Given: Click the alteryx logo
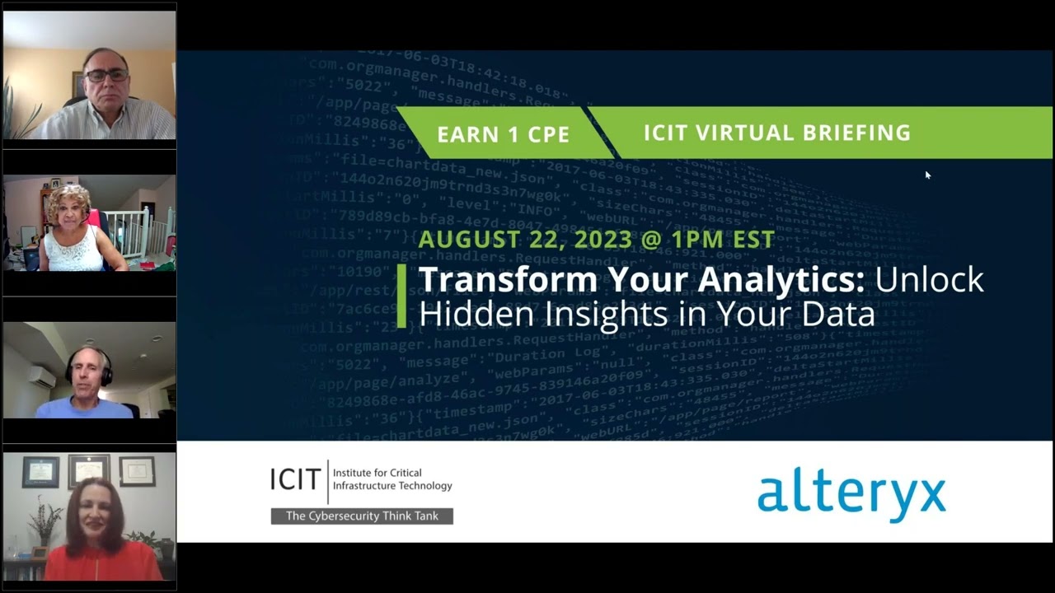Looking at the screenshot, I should click(x=851, y=494).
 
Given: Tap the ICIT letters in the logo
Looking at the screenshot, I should click(x=295, y=479).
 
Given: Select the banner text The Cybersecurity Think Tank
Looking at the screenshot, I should click(x=362, y=516).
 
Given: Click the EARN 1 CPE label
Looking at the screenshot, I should click(x=503, y=134).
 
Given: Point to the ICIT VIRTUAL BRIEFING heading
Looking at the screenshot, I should click(x=776, y=133).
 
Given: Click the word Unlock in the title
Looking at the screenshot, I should click(x=929, y=280).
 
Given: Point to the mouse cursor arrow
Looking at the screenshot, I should click(x=927, y=175).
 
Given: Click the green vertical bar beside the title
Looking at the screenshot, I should click(x=401, y=296).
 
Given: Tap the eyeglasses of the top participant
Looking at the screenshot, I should click(x=107, y=75).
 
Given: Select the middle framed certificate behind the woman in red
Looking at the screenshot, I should click(x=88, y=469).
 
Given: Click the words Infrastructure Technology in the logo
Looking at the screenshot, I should click(x=392, y=486).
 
